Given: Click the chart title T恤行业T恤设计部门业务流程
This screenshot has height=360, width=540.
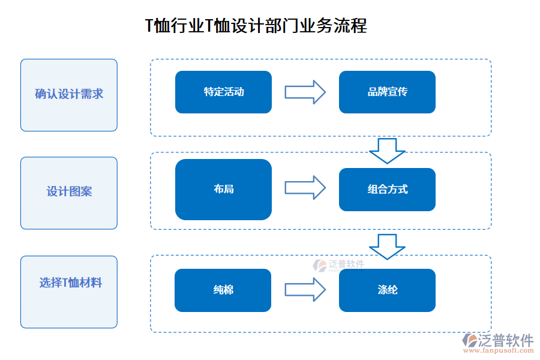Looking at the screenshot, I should [256, 26].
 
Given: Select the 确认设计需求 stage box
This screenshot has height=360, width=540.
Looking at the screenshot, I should [69, 95].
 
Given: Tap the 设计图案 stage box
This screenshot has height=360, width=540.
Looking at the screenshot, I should [69, 193].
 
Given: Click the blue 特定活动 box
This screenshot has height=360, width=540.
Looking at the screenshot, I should [223, 92].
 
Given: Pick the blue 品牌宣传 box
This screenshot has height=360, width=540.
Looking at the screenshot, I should [387, 92].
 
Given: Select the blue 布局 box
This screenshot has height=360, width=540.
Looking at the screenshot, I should [223, 189].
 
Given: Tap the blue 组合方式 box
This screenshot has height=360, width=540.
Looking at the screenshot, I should [387, 189].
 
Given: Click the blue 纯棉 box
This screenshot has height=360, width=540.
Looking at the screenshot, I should [223, 290].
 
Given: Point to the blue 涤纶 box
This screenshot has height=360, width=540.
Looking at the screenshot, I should [387, 290].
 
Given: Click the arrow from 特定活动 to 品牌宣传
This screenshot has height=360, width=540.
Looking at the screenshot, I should [305, 92].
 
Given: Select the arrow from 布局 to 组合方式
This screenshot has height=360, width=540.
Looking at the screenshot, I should [305, 188].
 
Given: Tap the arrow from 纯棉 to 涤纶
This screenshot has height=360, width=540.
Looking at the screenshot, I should [305, 290].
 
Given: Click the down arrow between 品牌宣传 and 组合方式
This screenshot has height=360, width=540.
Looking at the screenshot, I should [387, 150].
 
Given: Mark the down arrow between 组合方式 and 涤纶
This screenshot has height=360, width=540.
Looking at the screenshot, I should [387, 246].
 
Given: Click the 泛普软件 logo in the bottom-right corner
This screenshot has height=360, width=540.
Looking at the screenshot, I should [497, 341].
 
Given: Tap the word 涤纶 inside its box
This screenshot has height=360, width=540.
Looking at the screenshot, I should [387, 290].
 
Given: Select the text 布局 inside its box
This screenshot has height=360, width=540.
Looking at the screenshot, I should [223, 189].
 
